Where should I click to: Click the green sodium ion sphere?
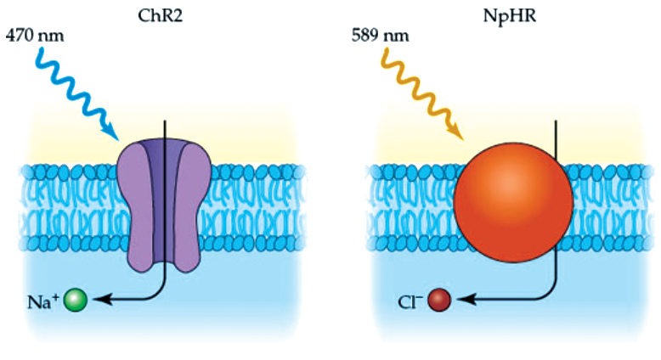point(76,300)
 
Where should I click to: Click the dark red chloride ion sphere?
point(438,301)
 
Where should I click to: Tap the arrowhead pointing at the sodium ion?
point(96,300)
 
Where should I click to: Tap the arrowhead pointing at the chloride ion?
point(459,300)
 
